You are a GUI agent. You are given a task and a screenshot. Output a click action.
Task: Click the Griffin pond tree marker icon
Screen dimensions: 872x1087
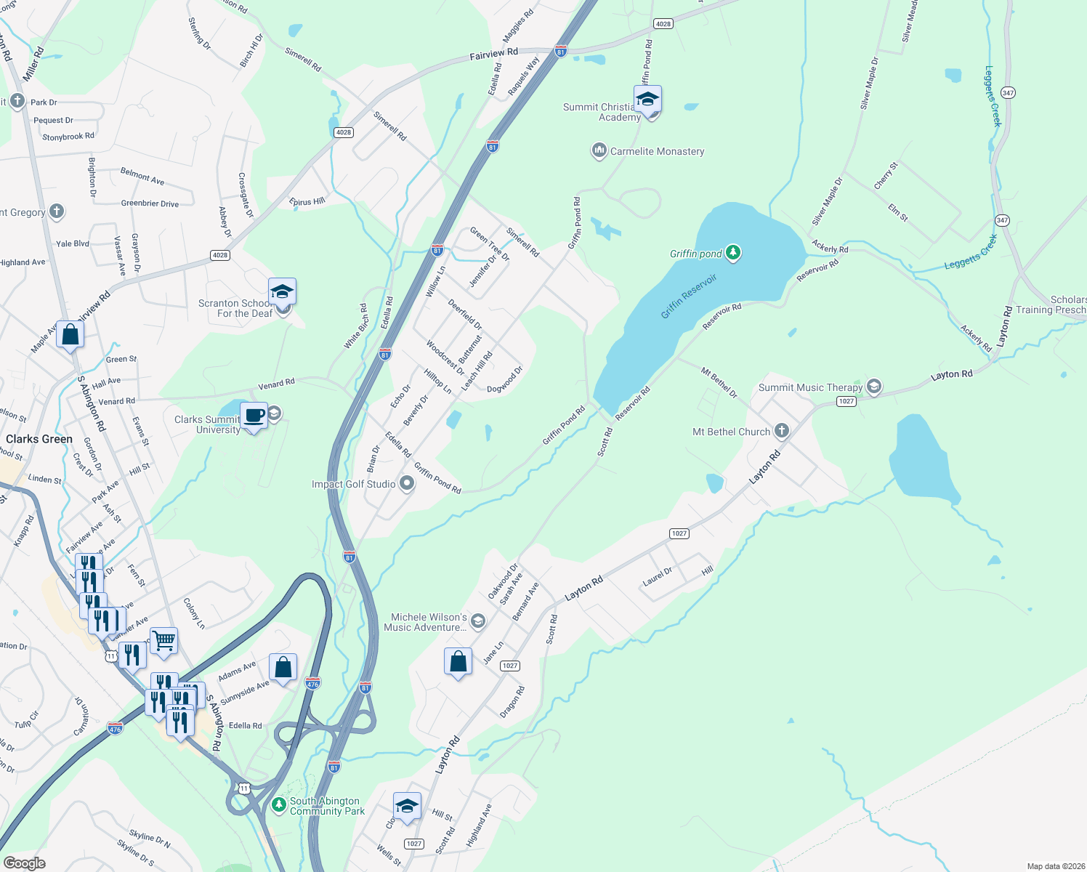(733, 253)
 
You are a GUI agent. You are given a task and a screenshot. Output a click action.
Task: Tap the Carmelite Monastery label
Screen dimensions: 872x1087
(657, 151)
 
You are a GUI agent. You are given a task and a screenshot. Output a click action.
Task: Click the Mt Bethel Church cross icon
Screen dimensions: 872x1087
(781, 431)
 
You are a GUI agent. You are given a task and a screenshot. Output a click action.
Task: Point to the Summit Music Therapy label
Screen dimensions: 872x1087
(810, 387)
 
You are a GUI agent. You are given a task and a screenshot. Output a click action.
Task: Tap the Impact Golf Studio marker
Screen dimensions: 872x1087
(407, 483)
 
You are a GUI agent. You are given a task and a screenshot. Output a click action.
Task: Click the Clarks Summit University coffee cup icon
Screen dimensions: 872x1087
(254, 416)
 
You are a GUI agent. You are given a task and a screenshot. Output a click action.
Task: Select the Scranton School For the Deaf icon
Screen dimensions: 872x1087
(282, 292)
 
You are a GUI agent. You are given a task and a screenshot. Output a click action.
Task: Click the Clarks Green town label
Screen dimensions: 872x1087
(39, 439)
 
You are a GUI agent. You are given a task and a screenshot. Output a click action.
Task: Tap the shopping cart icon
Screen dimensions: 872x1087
(163, 641)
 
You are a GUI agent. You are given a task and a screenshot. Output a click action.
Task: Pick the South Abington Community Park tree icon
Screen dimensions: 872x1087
(278, 805)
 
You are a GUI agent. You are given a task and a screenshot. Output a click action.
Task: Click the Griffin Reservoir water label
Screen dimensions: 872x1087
(689, 296)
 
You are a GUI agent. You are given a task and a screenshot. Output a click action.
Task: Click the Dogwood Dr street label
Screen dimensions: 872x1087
(505, 379)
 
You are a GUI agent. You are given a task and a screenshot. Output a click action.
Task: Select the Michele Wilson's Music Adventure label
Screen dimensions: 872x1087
(429, 622)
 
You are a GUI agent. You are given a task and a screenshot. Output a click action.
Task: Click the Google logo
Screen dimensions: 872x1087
(24, 863)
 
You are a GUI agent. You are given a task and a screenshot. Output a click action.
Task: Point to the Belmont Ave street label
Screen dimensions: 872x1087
(142, 176)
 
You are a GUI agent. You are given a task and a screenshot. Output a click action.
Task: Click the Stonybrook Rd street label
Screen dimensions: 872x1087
(68, 137)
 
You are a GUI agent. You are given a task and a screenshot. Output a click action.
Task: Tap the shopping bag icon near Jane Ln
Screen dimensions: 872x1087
(458, 662)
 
